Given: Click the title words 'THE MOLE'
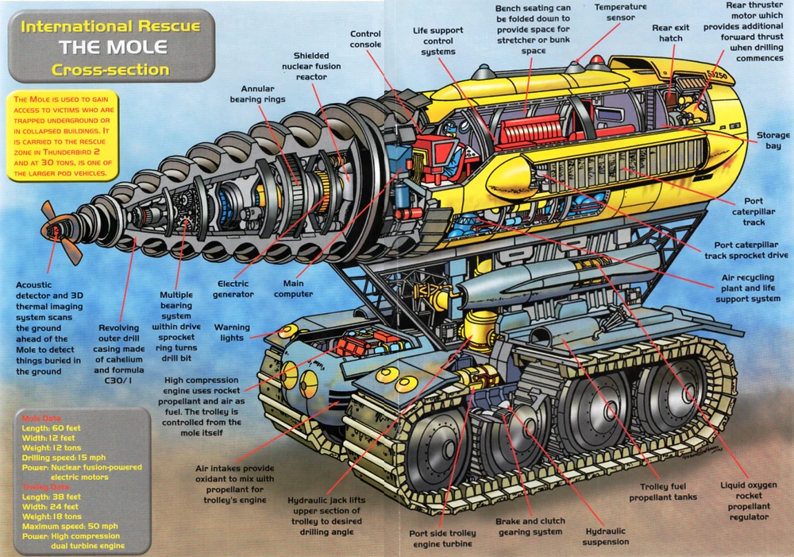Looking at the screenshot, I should pyautogui.click(x=110, y=47).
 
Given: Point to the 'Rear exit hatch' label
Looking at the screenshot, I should pyautogui.click(x=672, y=33).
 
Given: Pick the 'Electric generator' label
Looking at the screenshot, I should pyautogui.click(x=233, y=288).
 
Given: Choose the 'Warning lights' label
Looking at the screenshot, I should pyautogui.click(x=232, y=332).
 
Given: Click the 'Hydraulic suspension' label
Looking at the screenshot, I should pyautogui.click(x=606, y=536).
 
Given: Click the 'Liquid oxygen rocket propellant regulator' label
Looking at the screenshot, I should pyautogui.click(x=745, y=501).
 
